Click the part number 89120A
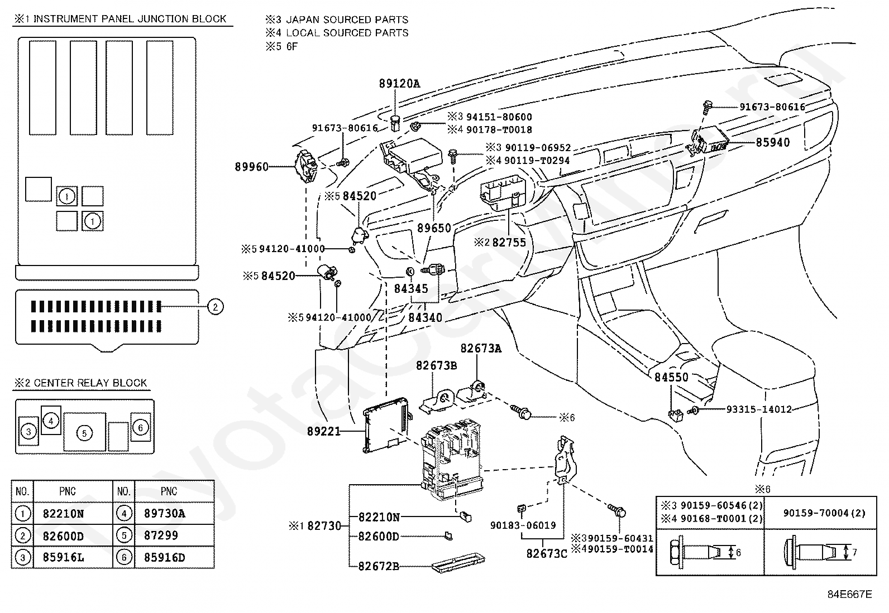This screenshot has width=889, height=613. (399, 84)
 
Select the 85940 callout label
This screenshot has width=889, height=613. (772, 142)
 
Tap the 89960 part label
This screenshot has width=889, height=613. (252, 167)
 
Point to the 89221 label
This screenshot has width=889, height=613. (324, 431)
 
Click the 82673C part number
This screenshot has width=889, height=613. (547, 554)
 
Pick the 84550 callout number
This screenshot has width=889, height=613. (672, 377)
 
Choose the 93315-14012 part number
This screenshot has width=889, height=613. (759, 409)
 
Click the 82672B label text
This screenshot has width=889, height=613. (379, 566)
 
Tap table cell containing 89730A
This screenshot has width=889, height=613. (175, 514)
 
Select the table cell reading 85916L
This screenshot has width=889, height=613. (73, 557)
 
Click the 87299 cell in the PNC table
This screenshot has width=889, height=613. (175, 535)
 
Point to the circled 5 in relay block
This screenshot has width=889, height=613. (84, 433)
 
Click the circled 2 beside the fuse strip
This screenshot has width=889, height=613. (216, 307)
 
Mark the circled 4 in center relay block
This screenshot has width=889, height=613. (51, 421)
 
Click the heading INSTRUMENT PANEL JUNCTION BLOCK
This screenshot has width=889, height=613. (130, 19)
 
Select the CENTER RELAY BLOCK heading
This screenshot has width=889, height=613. (90, 383)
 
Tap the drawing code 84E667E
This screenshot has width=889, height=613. (850, 595)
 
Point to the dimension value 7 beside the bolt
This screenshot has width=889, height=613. (854, 552)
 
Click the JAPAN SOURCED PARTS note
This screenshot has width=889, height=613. (347, 20)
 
